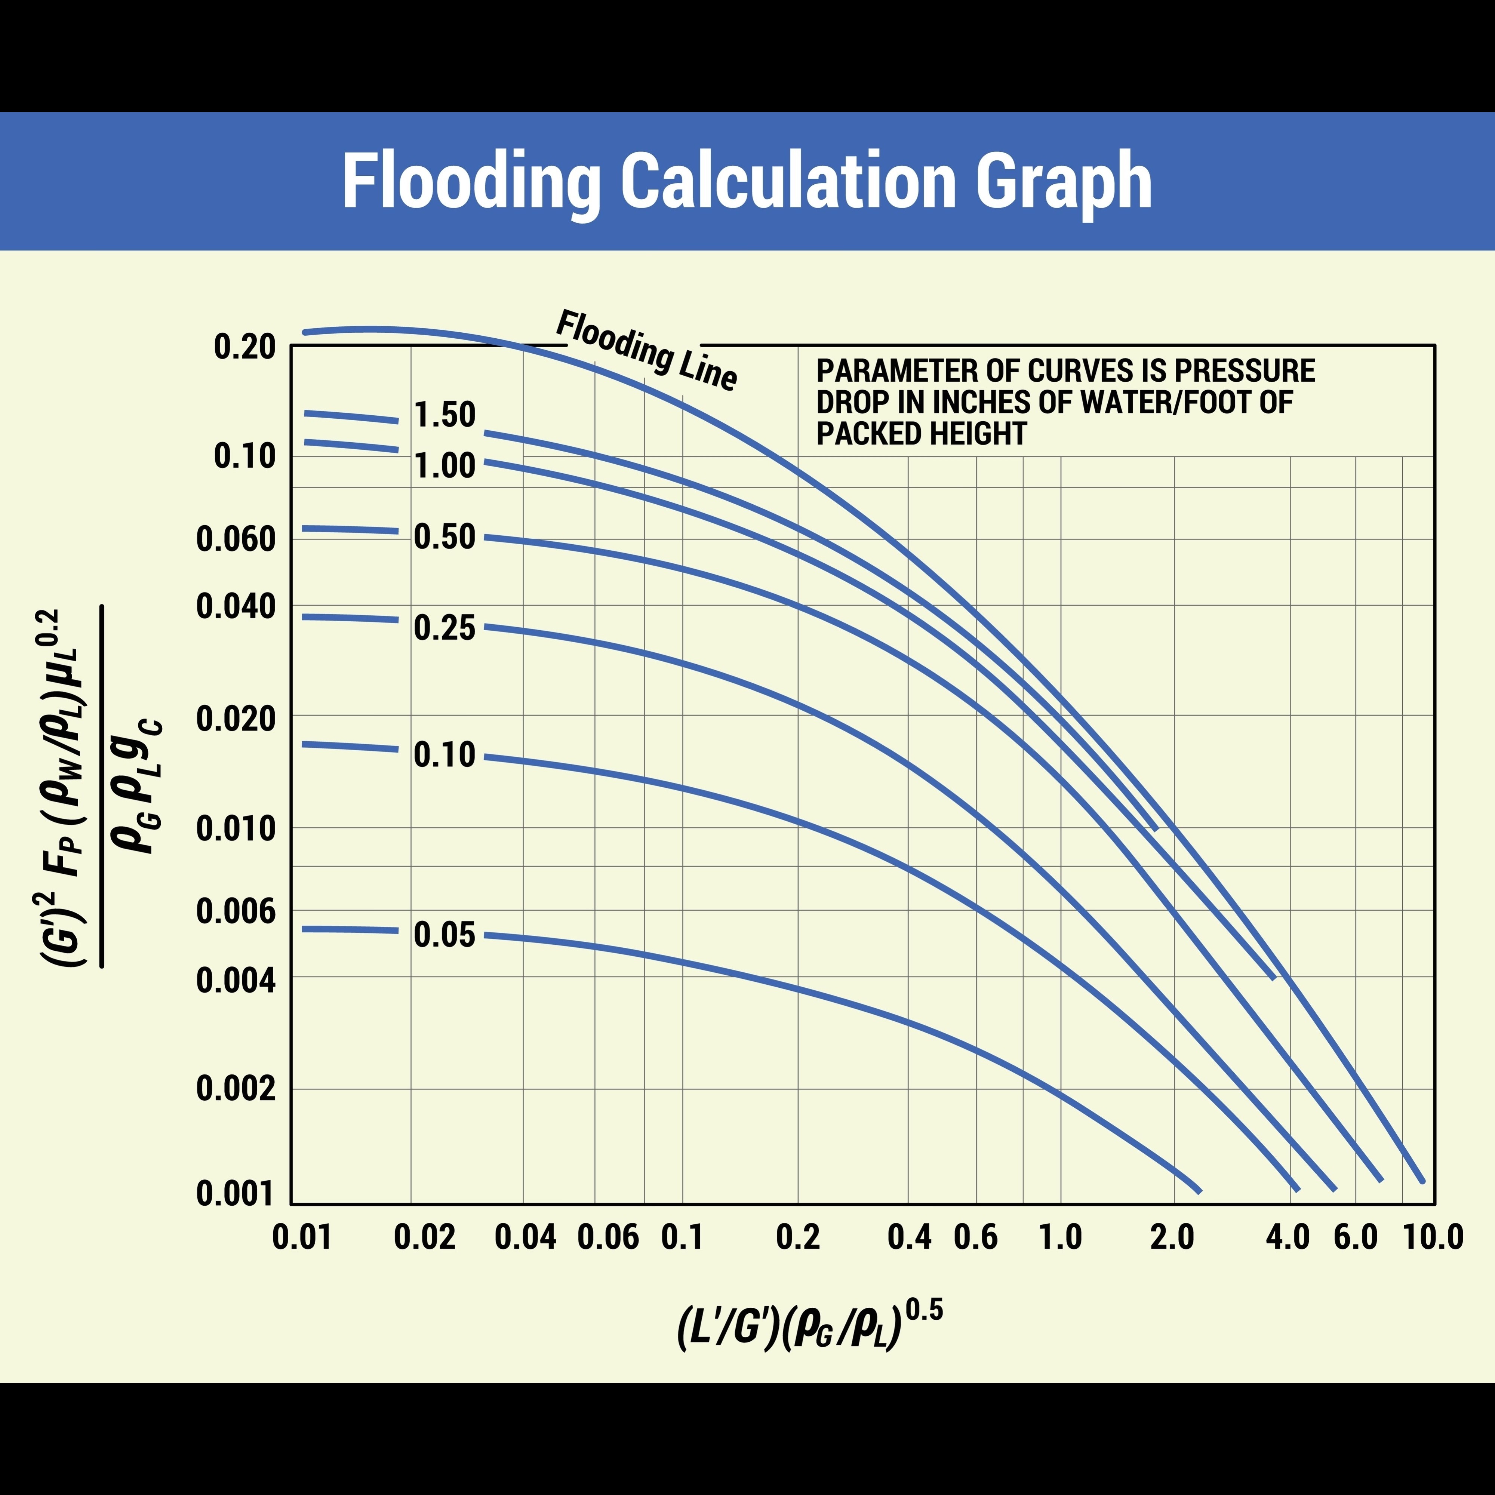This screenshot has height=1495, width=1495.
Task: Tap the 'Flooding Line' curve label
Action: (647, 350)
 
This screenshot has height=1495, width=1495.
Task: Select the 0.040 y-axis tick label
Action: (236, 607)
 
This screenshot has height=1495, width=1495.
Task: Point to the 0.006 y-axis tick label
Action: (236, 911)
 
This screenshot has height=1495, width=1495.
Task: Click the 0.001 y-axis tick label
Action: (236, 1194)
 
